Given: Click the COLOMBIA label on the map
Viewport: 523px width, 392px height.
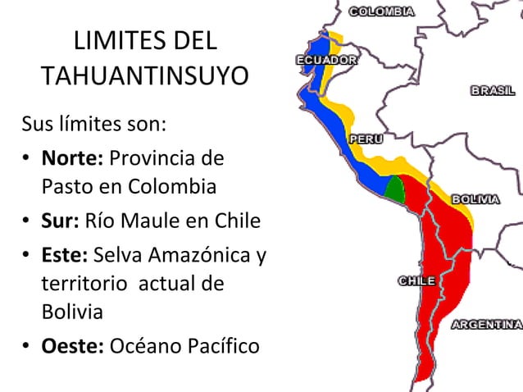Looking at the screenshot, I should tap(381, 11).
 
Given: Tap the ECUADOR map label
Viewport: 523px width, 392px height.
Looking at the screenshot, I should tap(326, 60).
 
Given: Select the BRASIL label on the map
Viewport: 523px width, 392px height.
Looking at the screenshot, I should tap(493, 91).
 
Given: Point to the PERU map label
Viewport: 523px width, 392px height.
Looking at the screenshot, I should tap(366, 139).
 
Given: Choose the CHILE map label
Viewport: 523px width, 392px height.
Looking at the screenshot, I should tap(416, 281).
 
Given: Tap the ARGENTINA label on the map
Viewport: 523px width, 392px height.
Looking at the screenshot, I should tap(487, 325).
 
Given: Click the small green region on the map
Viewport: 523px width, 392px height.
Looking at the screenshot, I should tap(396, 189).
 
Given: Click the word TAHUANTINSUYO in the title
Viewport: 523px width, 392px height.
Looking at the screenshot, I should tap(145, 76).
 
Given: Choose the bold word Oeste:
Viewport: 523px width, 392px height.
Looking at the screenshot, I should tap(73, 346).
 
